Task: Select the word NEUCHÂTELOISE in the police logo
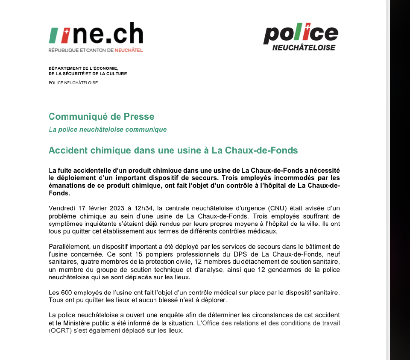[x=304, y=47]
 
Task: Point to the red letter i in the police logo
[x=303, y=32]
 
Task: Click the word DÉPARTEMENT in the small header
[x=65, y=68]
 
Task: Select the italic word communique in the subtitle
[x=146, y=130]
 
